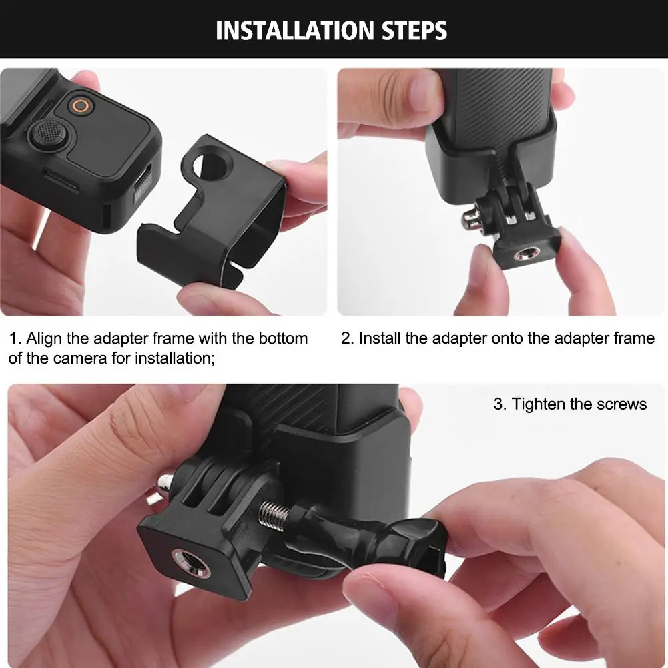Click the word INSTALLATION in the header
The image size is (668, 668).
coord(294,31)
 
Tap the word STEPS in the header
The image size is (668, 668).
coord(414,31)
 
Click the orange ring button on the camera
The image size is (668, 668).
coord(81,105)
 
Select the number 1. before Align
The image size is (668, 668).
coord(15,339)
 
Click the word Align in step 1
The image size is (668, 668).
coord(44,340)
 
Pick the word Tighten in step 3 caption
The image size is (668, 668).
coord(538,404)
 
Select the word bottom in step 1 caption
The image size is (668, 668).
coord(283,339)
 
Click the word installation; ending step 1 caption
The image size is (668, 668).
coord(175,359)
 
